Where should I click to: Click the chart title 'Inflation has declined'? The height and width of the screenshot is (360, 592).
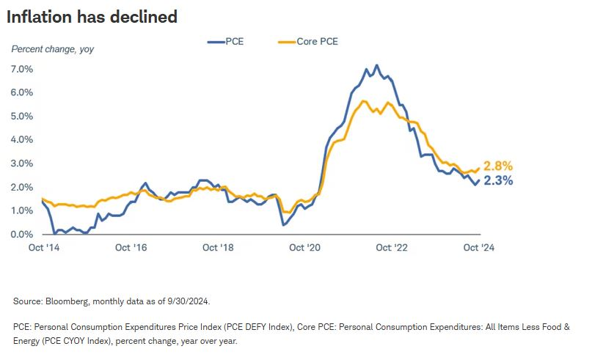(92, 16)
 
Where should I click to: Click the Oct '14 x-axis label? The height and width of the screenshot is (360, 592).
(44, 248)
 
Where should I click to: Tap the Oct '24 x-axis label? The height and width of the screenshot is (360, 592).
(480, 248)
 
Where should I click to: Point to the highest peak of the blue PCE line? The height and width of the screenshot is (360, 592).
(376, 65)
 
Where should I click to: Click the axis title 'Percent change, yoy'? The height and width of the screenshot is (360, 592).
(53, 49)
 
